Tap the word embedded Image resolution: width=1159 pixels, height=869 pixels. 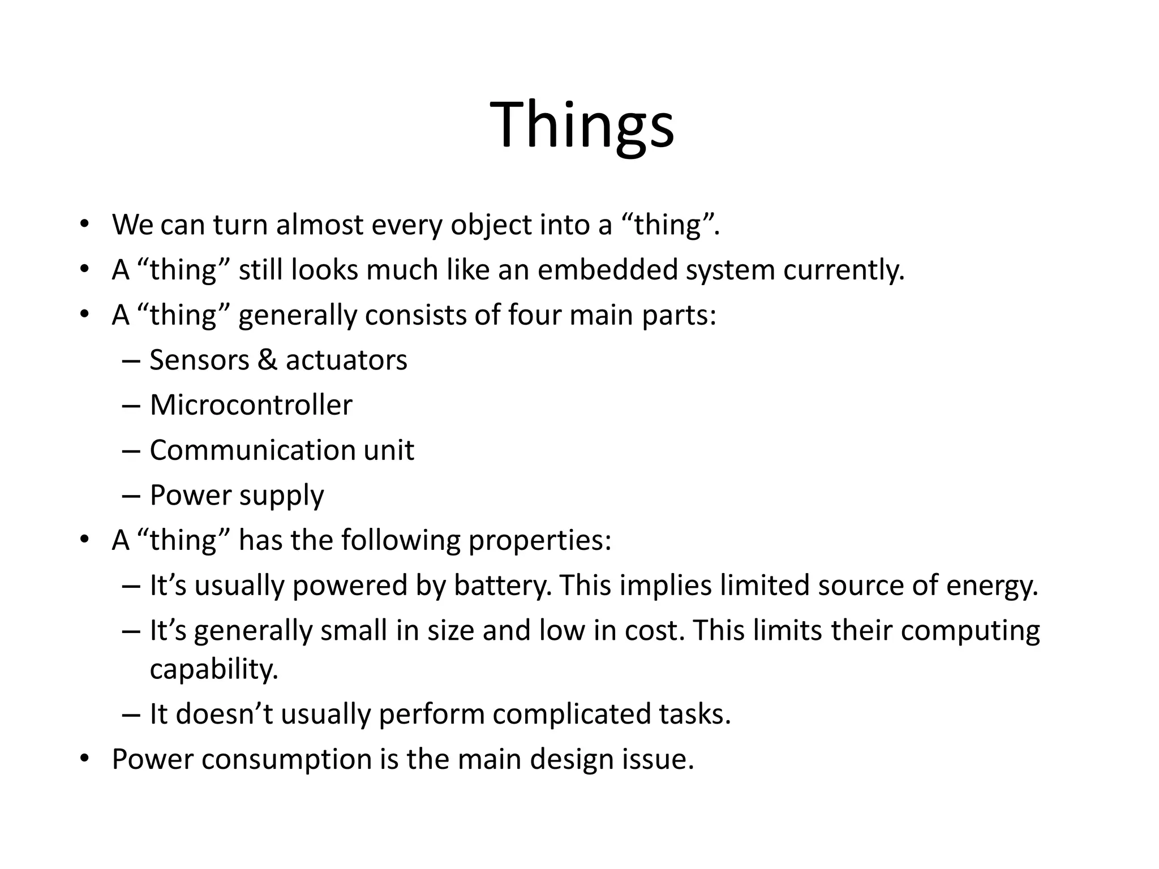[x=607, y=270]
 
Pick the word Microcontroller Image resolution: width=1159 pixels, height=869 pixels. [x=251, y=405]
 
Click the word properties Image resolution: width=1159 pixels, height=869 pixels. [x=540, y=540]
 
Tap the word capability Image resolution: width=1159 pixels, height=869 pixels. [x=214, y=670]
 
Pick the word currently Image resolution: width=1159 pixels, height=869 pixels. [x=844, y=271]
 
